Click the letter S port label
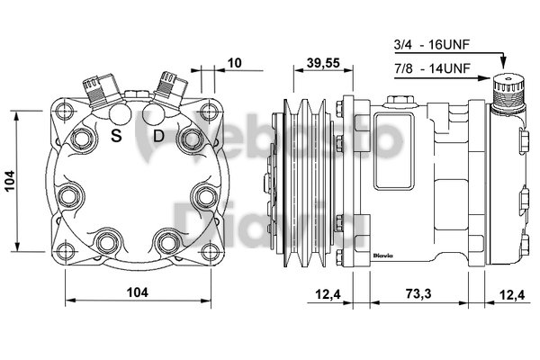[x=116, y=136]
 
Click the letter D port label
[x=157, y=136]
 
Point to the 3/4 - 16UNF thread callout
[x=433, y=43]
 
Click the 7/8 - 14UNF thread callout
[x=433, y=67]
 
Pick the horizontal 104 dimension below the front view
[x=136, y=292]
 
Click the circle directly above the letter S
[x=120, y=114]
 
